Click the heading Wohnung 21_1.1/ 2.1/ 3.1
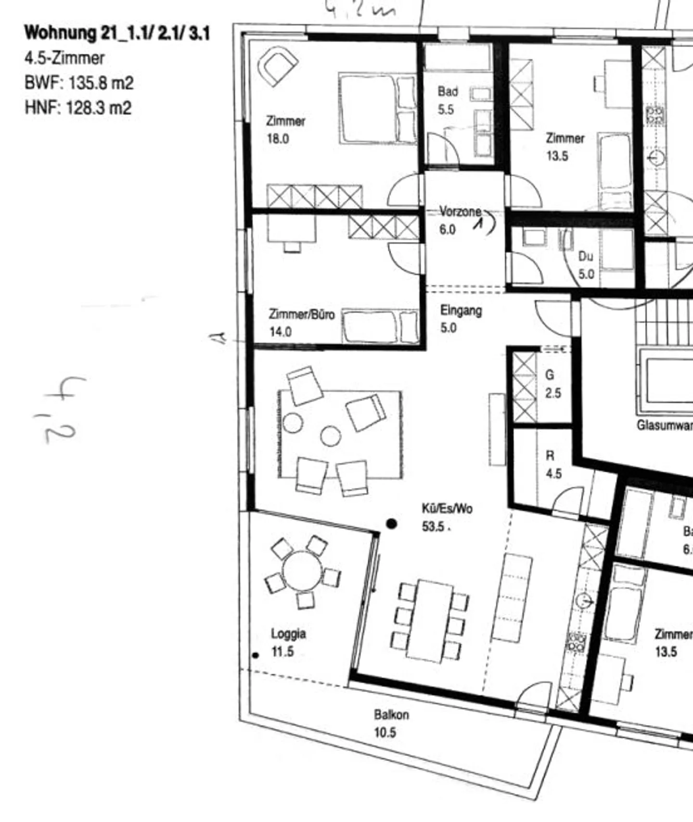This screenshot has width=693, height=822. coord(117,33)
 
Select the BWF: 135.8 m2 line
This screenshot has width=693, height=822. coord(79,83)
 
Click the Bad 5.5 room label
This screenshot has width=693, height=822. coord(447,101)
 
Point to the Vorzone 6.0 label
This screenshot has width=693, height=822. coord(460,220)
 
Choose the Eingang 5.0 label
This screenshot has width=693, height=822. coord(461,319)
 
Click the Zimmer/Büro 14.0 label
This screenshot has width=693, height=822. coord(301,323)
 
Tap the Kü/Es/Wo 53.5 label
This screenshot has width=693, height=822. coord(447,518)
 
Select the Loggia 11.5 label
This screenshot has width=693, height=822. coord(288,643)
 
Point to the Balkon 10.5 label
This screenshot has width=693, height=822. coord(391,723)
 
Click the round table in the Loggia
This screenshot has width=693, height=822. coord(302,571)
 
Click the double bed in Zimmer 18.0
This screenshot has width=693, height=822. coord(377,108)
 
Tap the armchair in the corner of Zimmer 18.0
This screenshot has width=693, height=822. coord(278,66)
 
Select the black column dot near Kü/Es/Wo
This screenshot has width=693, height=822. coord(392,524)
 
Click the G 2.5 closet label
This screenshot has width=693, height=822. coord(552,384)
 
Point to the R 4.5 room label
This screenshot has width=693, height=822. coord(552,465)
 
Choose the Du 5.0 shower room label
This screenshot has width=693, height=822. coord(586,265)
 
